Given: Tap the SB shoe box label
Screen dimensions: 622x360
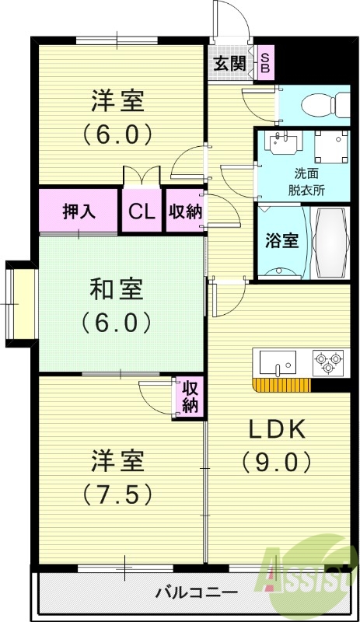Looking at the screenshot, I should (265, 63).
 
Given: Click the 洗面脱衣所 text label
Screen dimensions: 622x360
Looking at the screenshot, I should (288, 180).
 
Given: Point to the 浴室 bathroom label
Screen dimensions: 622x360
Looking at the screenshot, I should (282, 240).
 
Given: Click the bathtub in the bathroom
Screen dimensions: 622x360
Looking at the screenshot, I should (331, 241).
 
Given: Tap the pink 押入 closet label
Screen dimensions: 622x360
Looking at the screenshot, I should (79, 211).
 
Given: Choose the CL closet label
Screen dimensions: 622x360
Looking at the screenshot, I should (141, 211).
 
